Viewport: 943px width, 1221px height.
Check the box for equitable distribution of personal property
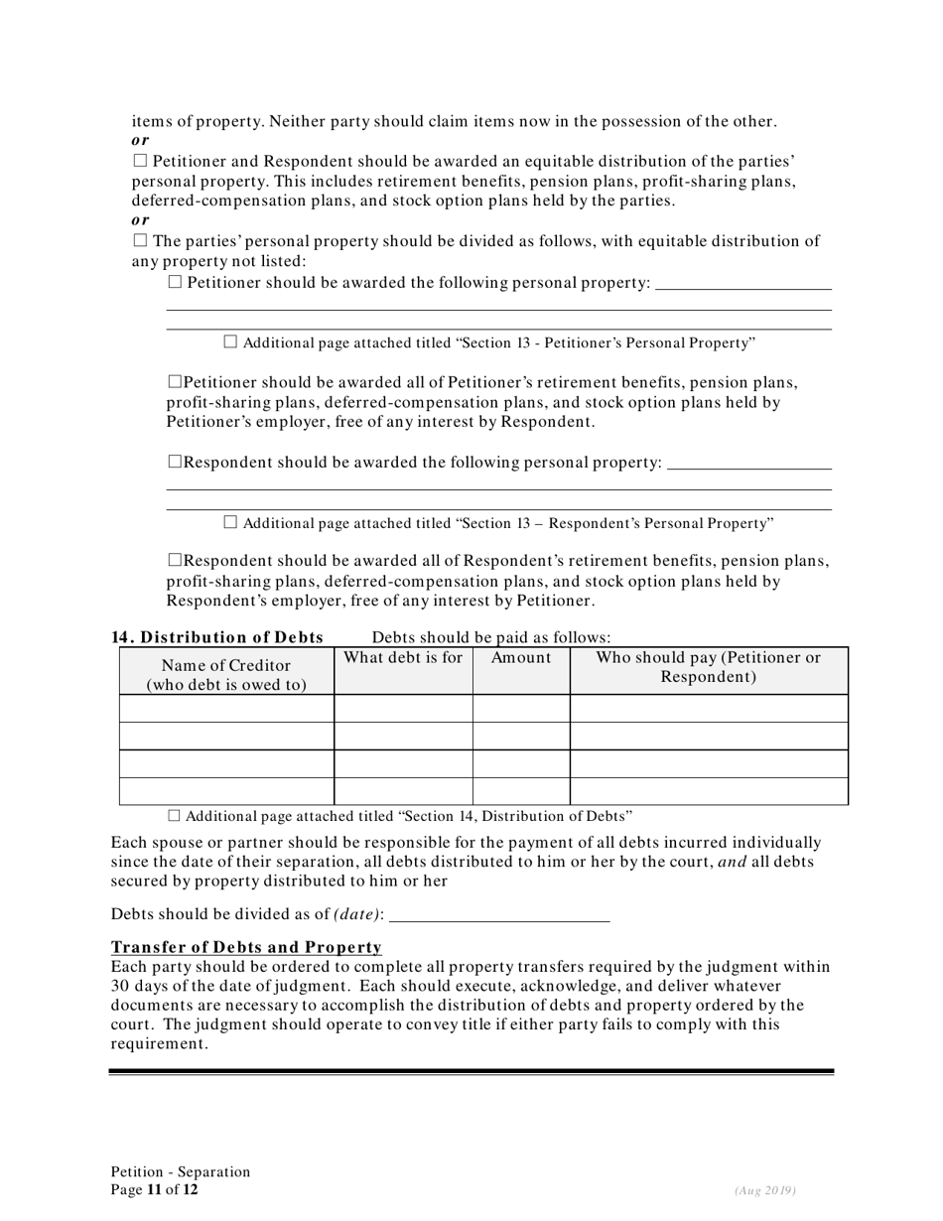tap(139, 161)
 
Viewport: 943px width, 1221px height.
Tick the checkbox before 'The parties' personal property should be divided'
tap(139, 240)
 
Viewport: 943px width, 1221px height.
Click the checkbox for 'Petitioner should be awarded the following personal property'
tap(176, 283)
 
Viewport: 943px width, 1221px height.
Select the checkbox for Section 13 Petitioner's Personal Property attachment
tap(231, 342)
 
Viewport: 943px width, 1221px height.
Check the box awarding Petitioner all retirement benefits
tap(176, 381)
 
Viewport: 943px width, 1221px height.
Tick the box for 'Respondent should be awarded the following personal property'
tap(176, 462)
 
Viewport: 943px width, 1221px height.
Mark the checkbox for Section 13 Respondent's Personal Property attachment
tap(231, 522)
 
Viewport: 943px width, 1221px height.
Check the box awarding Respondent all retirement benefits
tap(176, 561)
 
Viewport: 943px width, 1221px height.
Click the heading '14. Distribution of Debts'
tap(217, 637)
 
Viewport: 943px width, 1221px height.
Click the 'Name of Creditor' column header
tap(226, 674)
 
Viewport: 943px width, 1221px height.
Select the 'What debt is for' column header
tap(403, 657)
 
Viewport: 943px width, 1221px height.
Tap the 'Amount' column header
tap(521, 657)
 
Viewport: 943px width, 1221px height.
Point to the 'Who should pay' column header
tap(708, 667)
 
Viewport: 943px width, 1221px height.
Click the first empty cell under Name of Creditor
tap(226, 708)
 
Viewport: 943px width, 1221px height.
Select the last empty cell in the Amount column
tap(521, 791)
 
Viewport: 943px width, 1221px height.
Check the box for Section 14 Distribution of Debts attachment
tap(175, 816)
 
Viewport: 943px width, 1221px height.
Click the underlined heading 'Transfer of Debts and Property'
tap(246, 947)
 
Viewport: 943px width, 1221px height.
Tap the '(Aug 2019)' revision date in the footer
tap(764, 1190)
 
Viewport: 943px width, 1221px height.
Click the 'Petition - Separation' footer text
tap(181, 1171)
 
